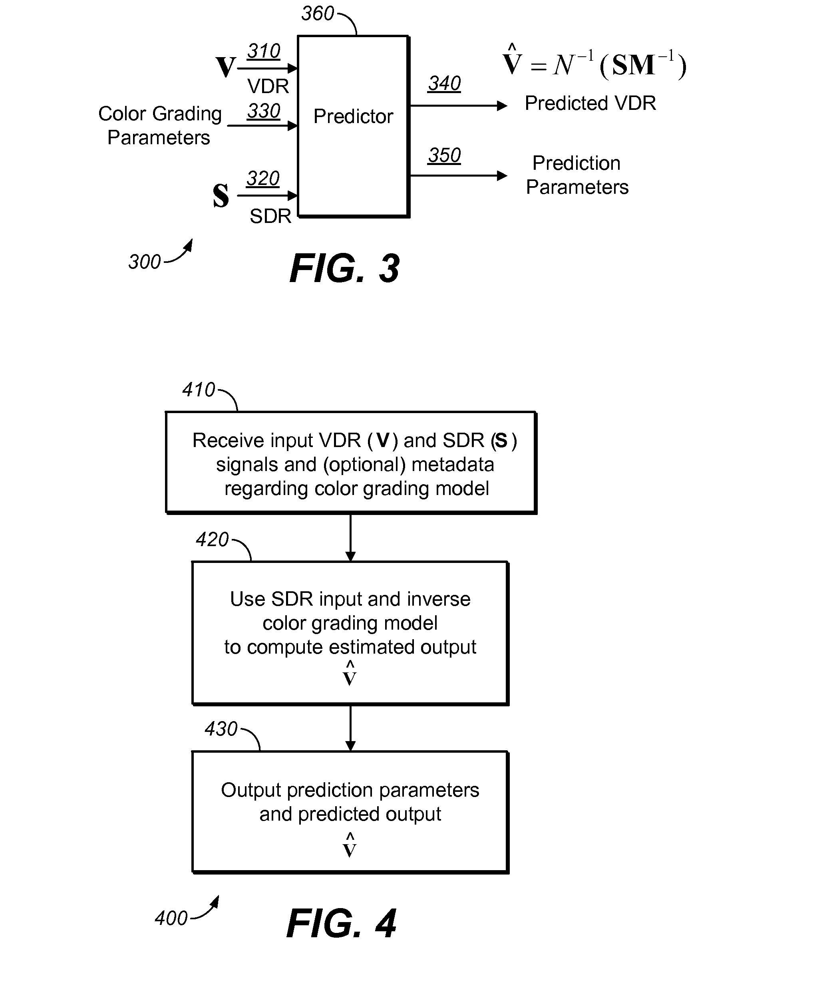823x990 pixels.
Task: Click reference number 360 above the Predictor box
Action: coord(318,14)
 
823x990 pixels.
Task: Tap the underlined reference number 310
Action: coord(264,51)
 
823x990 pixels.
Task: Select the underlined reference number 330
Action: coord(264,111)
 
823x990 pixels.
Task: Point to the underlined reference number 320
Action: coord(262,179)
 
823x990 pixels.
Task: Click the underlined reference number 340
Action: coord(444,83)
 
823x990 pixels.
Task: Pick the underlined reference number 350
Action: coord(444,155)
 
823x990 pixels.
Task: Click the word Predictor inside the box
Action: coord(353,116)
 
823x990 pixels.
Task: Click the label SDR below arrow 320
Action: coord(270,217)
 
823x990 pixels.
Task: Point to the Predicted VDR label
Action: coord(590,103)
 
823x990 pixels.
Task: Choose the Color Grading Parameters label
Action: coord(159,125)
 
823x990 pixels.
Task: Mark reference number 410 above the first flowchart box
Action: coord(199,390)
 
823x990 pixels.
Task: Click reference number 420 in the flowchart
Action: coord(212,539)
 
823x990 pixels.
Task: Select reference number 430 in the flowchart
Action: coord(221,729)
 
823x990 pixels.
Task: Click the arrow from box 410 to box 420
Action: coord(350,537)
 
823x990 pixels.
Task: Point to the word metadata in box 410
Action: coord(453,465)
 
